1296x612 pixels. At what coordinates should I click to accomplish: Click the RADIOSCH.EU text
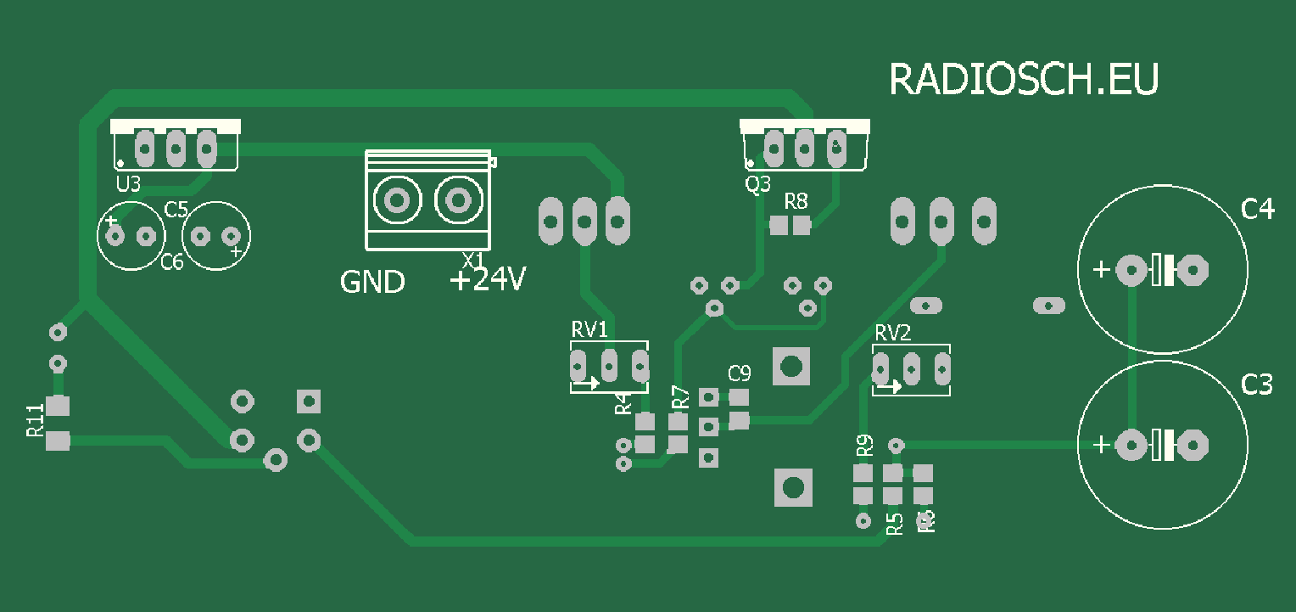[1023, 80]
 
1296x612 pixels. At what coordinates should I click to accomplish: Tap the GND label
[372, 282]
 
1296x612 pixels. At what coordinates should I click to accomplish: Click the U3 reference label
[128, 184]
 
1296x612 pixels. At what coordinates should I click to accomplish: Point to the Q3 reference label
[757, 183]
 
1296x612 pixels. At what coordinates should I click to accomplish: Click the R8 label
[796, 201]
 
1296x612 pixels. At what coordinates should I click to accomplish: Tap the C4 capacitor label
[1257, 209]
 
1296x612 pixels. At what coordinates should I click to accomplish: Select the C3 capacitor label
[1257, 385]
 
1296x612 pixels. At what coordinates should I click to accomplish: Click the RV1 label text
[589, 330]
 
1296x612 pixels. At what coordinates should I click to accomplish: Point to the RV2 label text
[892, 333]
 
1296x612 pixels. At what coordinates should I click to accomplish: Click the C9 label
[740, 373]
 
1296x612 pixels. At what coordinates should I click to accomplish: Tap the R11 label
[35, 421]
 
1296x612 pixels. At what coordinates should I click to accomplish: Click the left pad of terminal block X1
[396, 200]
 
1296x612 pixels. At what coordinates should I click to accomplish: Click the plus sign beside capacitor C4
[1100, 270]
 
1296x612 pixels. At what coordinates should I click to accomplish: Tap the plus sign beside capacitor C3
[1100, 444]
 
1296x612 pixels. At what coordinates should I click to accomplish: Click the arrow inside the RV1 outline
[585, 384]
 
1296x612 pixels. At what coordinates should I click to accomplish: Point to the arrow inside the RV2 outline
[888, 387]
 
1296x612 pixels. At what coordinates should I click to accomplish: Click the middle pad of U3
[176, 149]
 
